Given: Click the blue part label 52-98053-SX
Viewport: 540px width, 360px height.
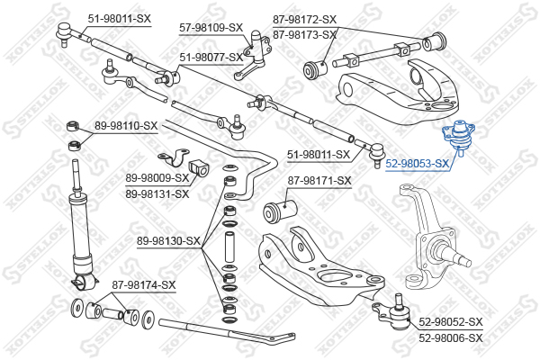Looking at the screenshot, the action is [418, 163].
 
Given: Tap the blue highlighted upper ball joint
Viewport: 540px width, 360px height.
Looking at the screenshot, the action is [459, 137].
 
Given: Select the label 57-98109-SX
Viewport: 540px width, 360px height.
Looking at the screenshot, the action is [211, 28].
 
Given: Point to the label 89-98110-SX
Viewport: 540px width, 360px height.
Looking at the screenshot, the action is [126, 126].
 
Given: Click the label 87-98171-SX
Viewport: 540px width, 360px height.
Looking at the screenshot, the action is [319, 181].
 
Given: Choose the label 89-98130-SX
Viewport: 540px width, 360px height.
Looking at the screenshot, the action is [168, 241].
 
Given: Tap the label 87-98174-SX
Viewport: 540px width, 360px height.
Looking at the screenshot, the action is [144, 285].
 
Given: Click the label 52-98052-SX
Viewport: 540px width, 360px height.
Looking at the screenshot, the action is [451, 322].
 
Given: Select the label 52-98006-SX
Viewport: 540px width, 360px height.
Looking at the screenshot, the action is [451, 338].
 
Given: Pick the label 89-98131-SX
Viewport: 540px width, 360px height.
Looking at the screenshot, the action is [157, 194].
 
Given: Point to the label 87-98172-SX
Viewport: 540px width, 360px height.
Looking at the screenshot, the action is [304, 19].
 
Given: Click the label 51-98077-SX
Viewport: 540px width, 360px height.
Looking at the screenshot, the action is [211, 57].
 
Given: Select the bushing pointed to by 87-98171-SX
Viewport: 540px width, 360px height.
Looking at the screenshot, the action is [280, 210].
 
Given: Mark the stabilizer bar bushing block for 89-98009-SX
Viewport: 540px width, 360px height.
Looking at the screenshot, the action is [199, 167].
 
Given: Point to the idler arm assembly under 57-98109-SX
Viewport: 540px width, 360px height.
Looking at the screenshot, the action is [255, 54].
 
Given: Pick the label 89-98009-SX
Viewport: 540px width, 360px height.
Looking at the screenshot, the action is [157, 178].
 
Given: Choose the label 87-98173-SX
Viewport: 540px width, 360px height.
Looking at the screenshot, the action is [304, 35].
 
